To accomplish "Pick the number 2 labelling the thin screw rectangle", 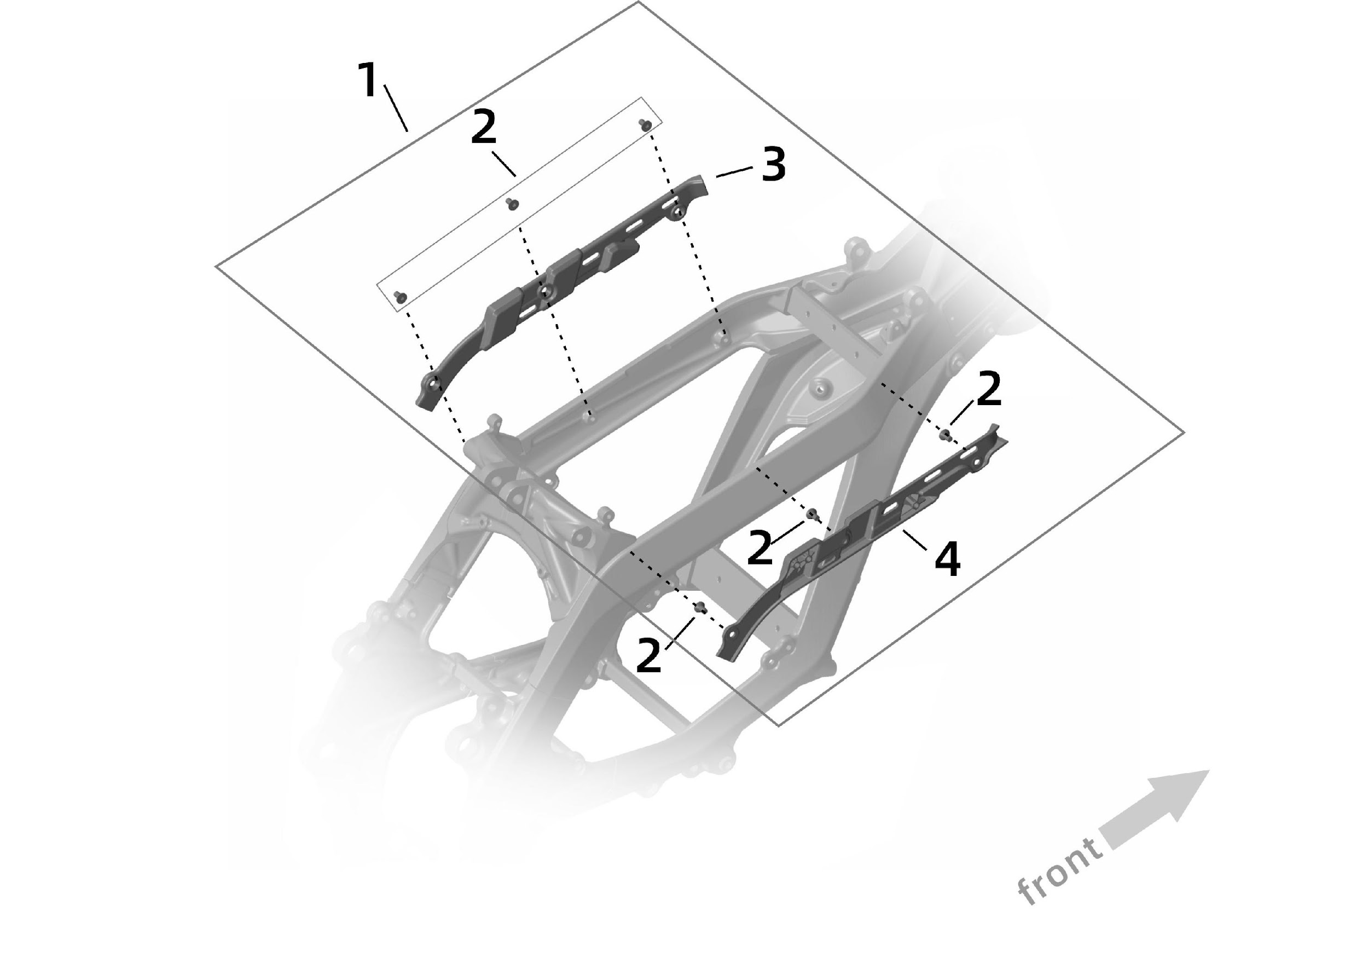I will pos(483,128).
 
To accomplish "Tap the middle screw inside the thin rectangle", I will pos(512,204).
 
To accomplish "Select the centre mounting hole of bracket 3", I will pos(544,292).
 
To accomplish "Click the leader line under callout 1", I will pos(396,108).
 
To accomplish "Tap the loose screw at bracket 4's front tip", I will pos(944,434).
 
